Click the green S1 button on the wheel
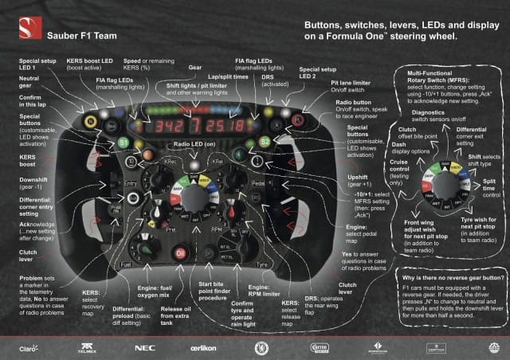tap(122, 142)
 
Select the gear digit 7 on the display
tap(194, 126)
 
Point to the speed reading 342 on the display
tap(166, 126)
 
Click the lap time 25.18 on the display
tap(227, 126)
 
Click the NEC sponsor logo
tap(145, 347)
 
